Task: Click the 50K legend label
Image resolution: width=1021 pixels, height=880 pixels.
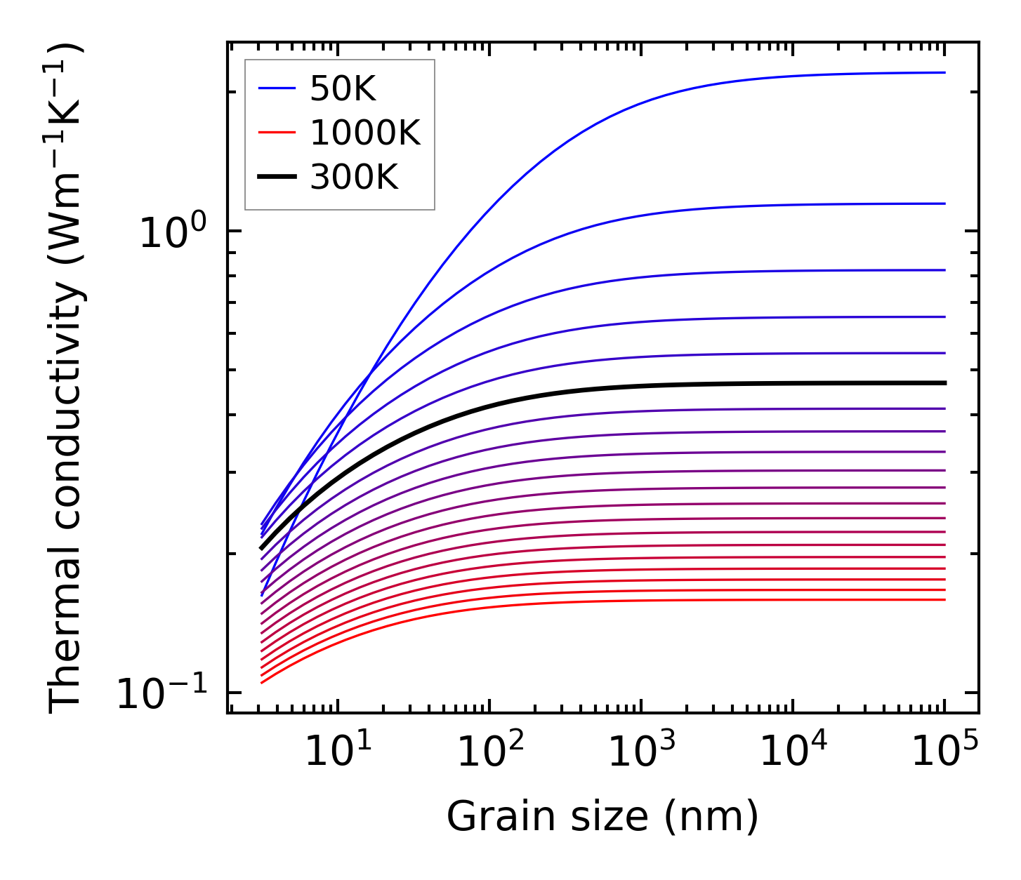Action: coord(343,89)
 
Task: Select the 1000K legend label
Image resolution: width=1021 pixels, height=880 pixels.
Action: coord(364,133)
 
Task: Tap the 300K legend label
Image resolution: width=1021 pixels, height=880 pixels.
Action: coord(354,178)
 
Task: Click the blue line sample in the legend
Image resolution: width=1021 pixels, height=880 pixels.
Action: coord(277,88)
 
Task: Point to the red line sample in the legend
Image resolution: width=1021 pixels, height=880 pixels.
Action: coord(277,133)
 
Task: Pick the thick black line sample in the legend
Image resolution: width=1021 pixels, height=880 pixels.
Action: coord(277,178)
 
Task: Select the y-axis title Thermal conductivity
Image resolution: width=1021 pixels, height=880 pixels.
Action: coord(67,379)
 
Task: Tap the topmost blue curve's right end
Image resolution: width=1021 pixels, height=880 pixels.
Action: coord(944,72)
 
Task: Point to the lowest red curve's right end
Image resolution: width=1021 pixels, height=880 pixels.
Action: coord(944,599)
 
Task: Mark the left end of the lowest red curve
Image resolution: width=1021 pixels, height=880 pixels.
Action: coord(262,682)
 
